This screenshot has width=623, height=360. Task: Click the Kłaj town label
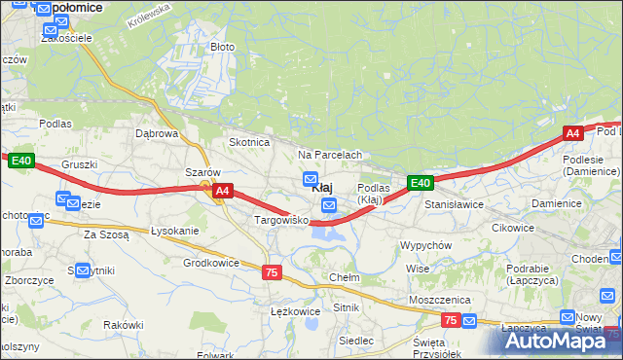(x=325, y=187)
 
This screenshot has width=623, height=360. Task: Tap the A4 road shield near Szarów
(x=223, y=192)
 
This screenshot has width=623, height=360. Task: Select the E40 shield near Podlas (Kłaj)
(x=420, y=182)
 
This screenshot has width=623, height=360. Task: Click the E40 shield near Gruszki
(x=21, y=161)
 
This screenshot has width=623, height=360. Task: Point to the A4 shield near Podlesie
(x=572, y=133)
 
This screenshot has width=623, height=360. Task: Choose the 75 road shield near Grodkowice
(x=272, y=272)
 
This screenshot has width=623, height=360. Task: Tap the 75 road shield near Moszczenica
(x=450, y=319)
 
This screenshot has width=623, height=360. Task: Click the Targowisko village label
(x=280, y=221)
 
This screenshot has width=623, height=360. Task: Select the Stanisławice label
(x=454, y=205)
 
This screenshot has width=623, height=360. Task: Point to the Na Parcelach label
(x=330, y=155)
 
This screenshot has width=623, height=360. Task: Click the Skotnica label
(x=248, y=142)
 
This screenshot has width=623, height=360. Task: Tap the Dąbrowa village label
(x=157, y=133)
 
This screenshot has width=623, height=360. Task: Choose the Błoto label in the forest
(x=222, y=47)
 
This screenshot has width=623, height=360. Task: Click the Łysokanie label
(x=175, y=231)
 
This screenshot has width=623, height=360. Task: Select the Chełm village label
(x=345, y=277)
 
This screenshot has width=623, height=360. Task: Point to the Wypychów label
(x=425, y=245)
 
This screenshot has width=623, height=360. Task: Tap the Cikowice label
(x=513, y=228)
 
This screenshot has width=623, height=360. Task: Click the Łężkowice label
(x=295, y=311)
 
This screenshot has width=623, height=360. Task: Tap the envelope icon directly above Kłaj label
(x=311, y=178)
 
